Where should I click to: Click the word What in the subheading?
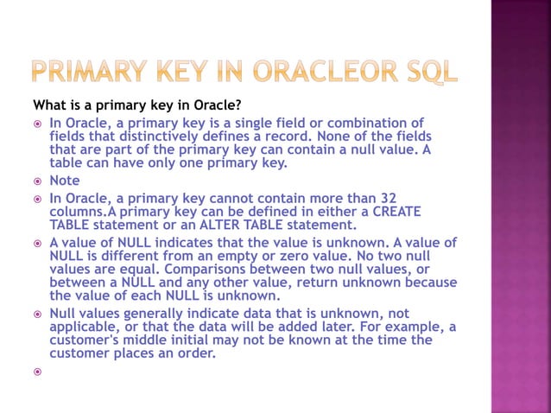(x=50, y=105)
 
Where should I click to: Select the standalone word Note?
(x=65, y=181)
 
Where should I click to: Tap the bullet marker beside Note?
(x=37, y=181)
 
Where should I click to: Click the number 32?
(x=387, y=199)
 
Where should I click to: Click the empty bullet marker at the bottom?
(x=37, y=372)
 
